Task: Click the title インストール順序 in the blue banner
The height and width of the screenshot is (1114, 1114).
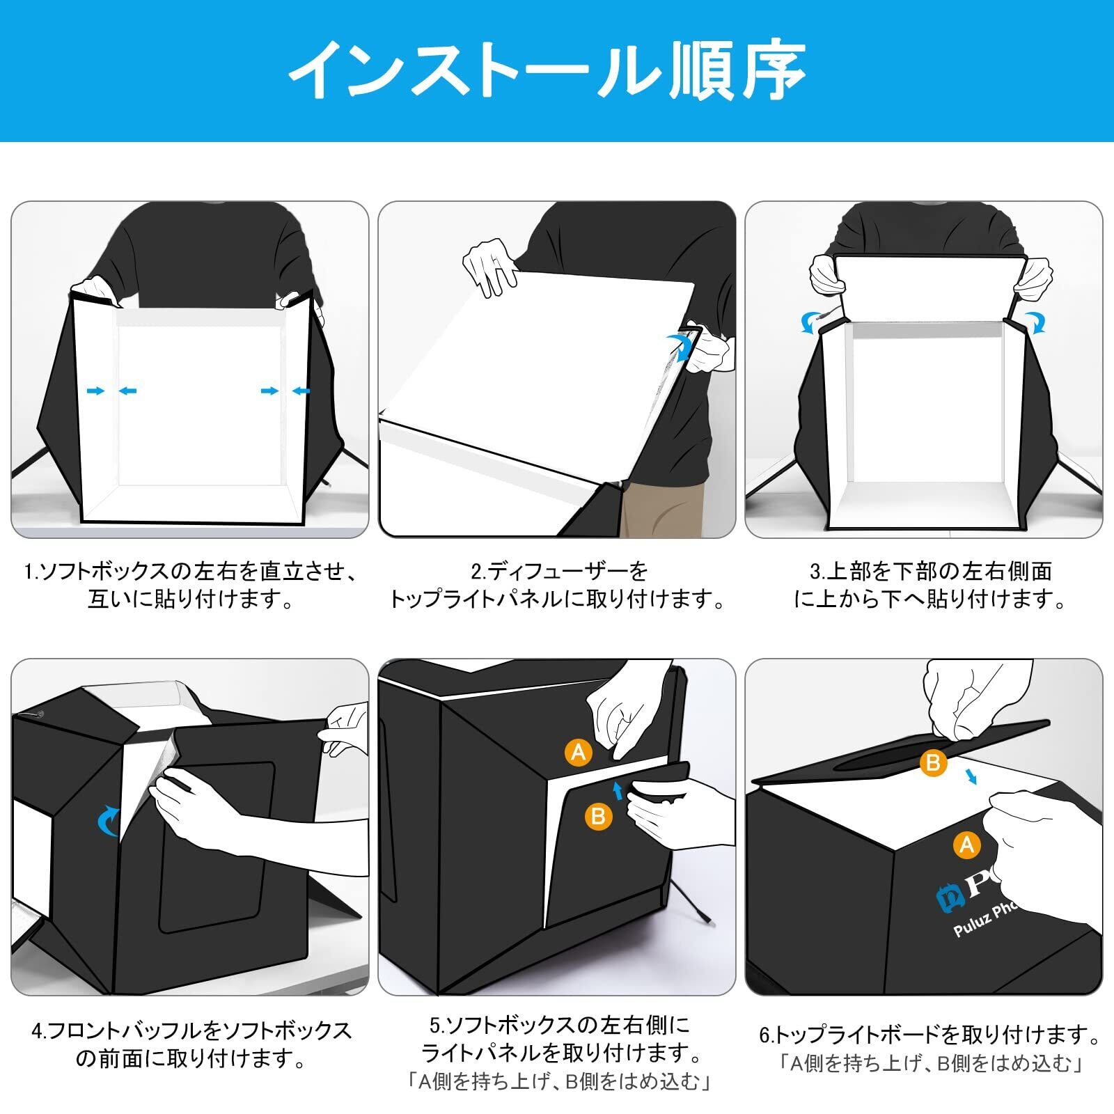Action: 547,70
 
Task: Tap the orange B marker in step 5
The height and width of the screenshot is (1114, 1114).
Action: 597,815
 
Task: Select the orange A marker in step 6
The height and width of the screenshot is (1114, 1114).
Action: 966,845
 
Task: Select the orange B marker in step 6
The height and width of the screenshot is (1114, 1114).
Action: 933,762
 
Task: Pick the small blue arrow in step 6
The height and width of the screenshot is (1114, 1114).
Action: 972,776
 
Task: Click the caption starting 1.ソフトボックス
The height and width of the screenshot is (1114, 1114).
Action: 190,585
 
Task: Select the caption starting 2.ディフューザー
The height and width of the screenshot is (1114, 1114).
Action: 557,585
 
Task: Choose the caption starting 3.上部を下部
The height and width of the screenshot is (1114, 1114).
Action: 930,585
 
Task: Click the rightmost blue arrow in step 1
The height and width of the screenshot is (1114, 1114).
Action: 301,391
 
